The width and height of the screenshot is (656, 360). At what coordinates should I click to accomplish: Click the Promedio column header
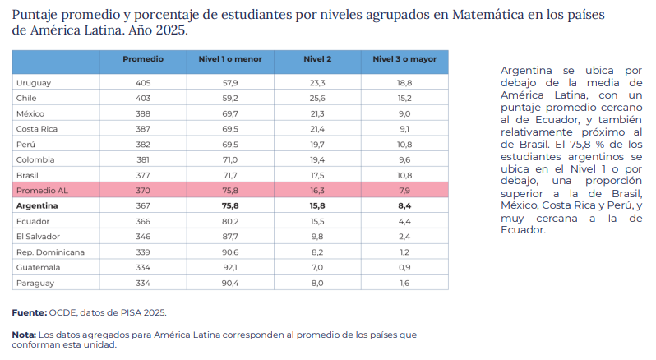click(143, 59)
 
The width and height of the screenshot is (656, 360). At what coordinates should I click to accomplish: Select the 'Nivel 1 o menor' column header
click(230, 59)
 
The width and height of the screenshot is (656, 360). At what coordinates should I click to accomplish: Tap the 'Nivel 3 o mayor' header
click(404, 59)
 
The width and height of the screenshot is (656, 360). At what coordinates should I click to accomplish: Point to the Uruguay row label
click(34, 83)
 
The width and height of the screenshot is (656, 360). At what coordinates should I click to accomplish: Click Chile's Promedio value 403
click(143, 99)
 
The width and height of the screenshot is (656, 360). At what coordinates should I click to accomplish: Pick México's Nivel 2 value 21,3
click(317, 113)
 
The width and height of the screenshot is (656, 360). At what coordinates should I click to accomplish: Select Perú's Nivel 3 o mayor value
click(404, 145)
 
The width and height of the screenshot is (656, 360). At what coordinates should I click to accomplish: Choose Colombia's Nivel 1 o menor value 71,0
click(230, 159)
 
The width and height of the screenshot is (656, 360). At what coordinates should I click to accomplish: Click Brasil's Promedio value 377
click(143, 175)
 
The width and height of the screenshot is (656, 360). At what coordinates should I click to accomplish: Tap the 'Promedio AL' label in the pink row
click(42, 191)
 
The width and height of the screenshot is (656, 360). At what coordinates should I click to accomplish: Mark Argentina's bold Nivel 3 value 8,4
click(404, 206)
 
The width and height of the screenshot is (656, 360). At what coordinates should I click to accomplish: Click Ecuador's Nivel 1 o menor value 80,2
click(230, 222)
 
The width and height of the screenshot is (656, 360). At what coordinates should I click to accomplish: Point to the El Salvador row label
click(38, 237)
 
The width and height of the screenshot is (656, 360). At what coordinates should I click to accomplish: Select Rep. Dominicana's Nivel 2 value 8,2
click(317, 252)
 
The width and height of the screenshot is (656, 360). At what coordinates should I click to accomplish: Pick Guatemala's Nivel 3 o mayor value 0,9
click(404, 268)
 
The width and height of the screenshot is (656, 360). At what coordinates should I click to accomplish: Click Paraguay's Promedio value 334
click(143, 283)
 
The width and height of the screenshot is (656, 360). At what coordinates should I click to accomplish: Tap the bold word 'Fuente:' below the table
click(30, 312)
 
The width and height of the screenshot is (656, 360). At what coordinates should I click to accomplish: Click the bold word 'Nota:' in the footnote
click(24, 335)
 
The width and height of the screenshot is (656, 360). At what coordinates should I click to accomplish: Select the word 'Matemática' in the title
click(487, 15)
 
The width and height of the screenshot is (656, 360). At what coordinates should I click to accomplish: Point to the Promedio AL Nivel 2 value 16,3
click(317, 191)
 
